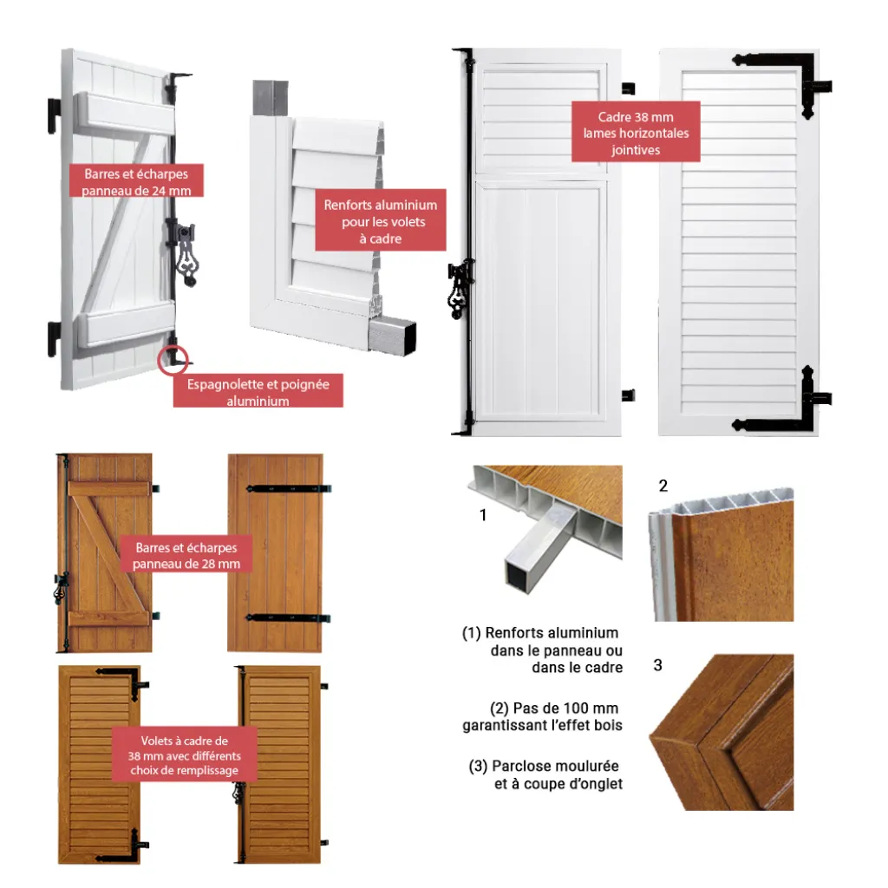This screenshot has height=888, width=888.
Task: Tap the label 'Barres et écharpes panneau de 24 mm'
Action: pyautogui.click(x=136, y=181)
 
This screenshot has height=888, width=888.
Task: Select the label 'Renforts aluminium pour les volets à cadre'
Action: pyautogui.click(x=381, y=220)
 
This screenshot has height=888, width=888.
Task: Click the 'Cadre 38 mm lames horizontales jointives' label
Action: pyautogui.click(x=636, y=132)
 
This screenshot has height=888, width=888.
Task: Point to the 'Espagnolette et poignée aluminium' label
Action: pyautogui.click(x=258, y=391)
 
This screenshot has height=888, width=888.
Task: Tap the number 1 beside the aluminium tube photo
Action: pyautogui.click(x=483, y=515)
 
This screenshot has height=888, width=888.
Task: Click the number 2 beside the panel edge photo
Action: pyautogui.click(x=663, y=486)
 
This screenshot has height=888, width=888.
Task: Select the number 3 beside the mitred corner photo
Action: pyautogui.click(x=657, y=665)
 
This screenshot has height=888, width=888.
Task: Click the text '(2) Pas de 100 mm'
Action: pyautogui.click(x=554, y=708)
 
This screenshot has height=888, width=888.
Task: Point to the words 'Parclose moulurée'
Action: pyautogui.click(x=555, y=766)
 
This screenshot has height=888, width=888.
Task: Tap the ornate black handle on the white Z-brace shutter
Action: pyautogui.click(x=186, y=255)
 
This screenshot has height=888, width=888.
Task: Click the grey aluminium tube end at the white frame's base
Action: pyautogui.click(x=393, y=336)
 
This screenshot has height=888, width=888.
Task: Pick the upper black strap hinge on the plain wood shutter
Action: pyautogui.click(x=288, y=488)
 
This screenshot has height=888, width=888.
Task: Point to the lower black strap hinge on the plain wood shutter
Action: pyautogui.click(x=288, y=617)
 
